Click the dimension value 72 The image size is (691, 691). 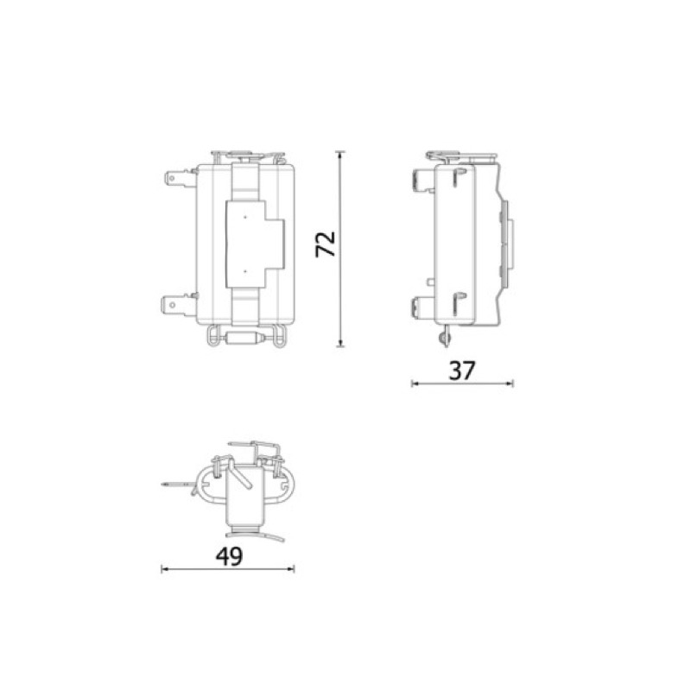point(326,244)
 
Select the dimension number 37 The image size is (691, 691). point(462,371)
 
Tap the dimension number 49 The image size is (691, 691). point(229,556)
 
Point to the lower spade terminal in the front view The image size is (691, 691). point(179,305)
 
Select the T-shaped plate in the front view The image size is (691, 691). point(255,244)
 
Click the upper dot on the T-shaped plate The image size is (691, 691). point(245,218)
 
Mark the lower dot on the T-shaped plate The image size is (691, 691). point(245,271)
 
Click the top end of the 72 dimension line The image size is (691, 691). point(339,152)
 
